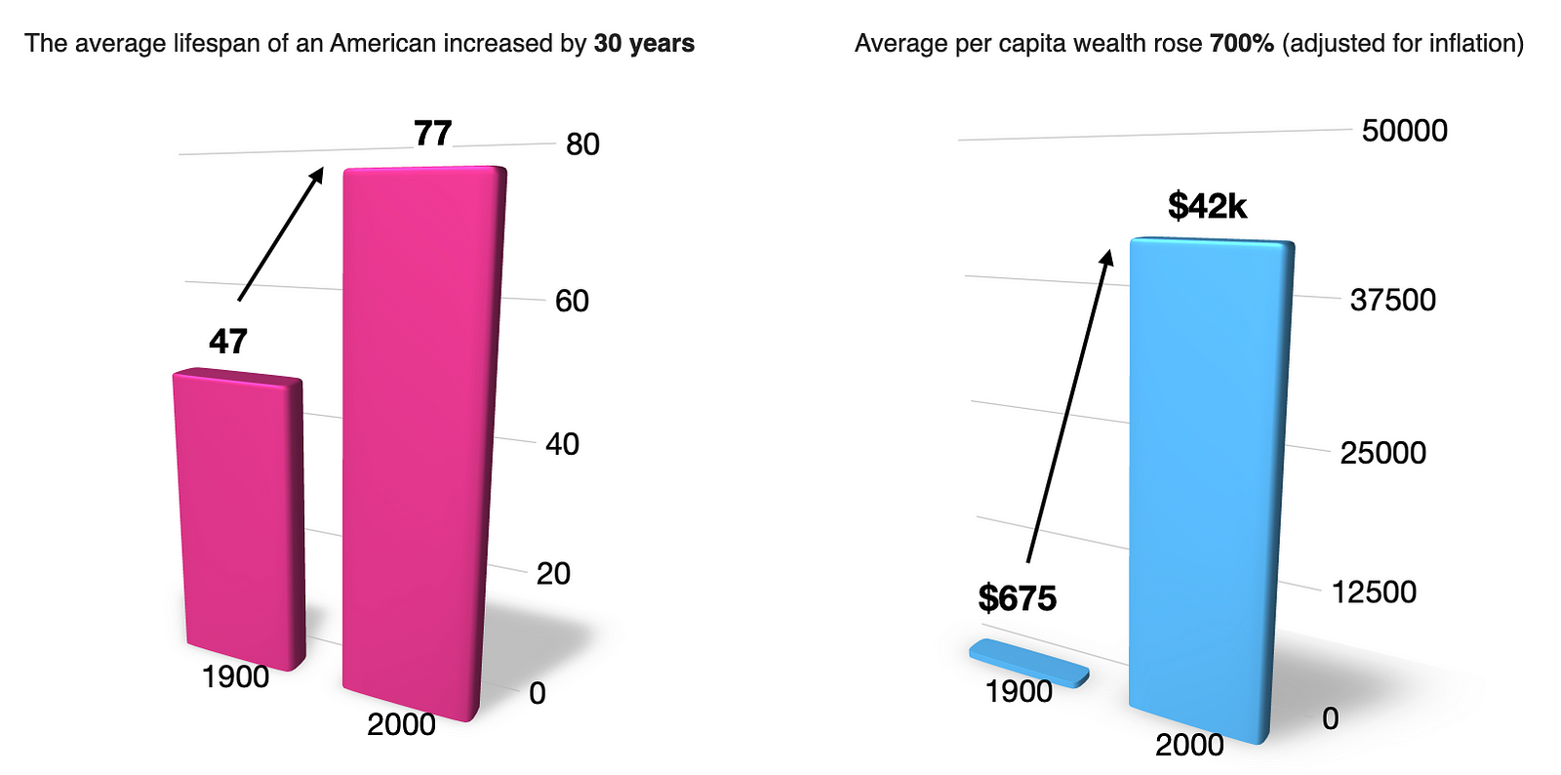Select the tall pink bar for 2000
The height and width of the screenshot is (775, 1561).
pos(422,439)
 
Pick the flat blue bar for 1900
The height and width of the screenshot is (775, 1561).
pos(1029,663)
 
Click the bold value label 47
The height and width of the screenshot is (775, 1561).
pos(228,342)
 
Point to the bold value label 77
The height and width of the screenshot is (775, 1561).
pos(432,133)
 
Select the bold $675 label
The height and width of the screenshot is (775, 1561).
pos(1018,598)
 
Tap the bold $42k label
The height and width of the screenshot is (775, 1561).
pos(1207,206)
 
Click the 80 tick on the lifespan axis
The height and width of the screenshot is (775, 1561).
pos(582,144)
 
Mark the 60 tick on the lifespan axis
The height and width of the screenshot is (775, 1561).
pos(572,301)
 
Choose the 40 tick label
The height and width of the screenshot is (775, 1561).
pos(562,444)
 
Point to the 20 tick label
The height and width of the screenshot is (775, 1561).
pos(553,573)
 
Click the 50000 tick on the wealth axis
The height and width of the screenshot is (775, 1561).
pos(1404,131)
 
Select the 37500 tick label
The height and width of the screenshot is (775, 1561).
pos(1392,300)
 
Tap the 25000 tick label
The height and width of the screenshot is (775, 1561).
pos(1382,453)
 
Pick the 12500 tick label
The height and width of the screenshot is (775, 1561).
pos(1374,591)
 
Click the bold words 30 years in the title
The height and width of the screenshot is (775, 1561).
pos(644,44)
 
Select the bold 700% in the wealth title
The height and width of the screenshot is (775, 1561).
pos(1241,44)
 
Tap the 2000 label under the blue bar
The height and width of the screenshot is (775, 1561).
pos(1189,745)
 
